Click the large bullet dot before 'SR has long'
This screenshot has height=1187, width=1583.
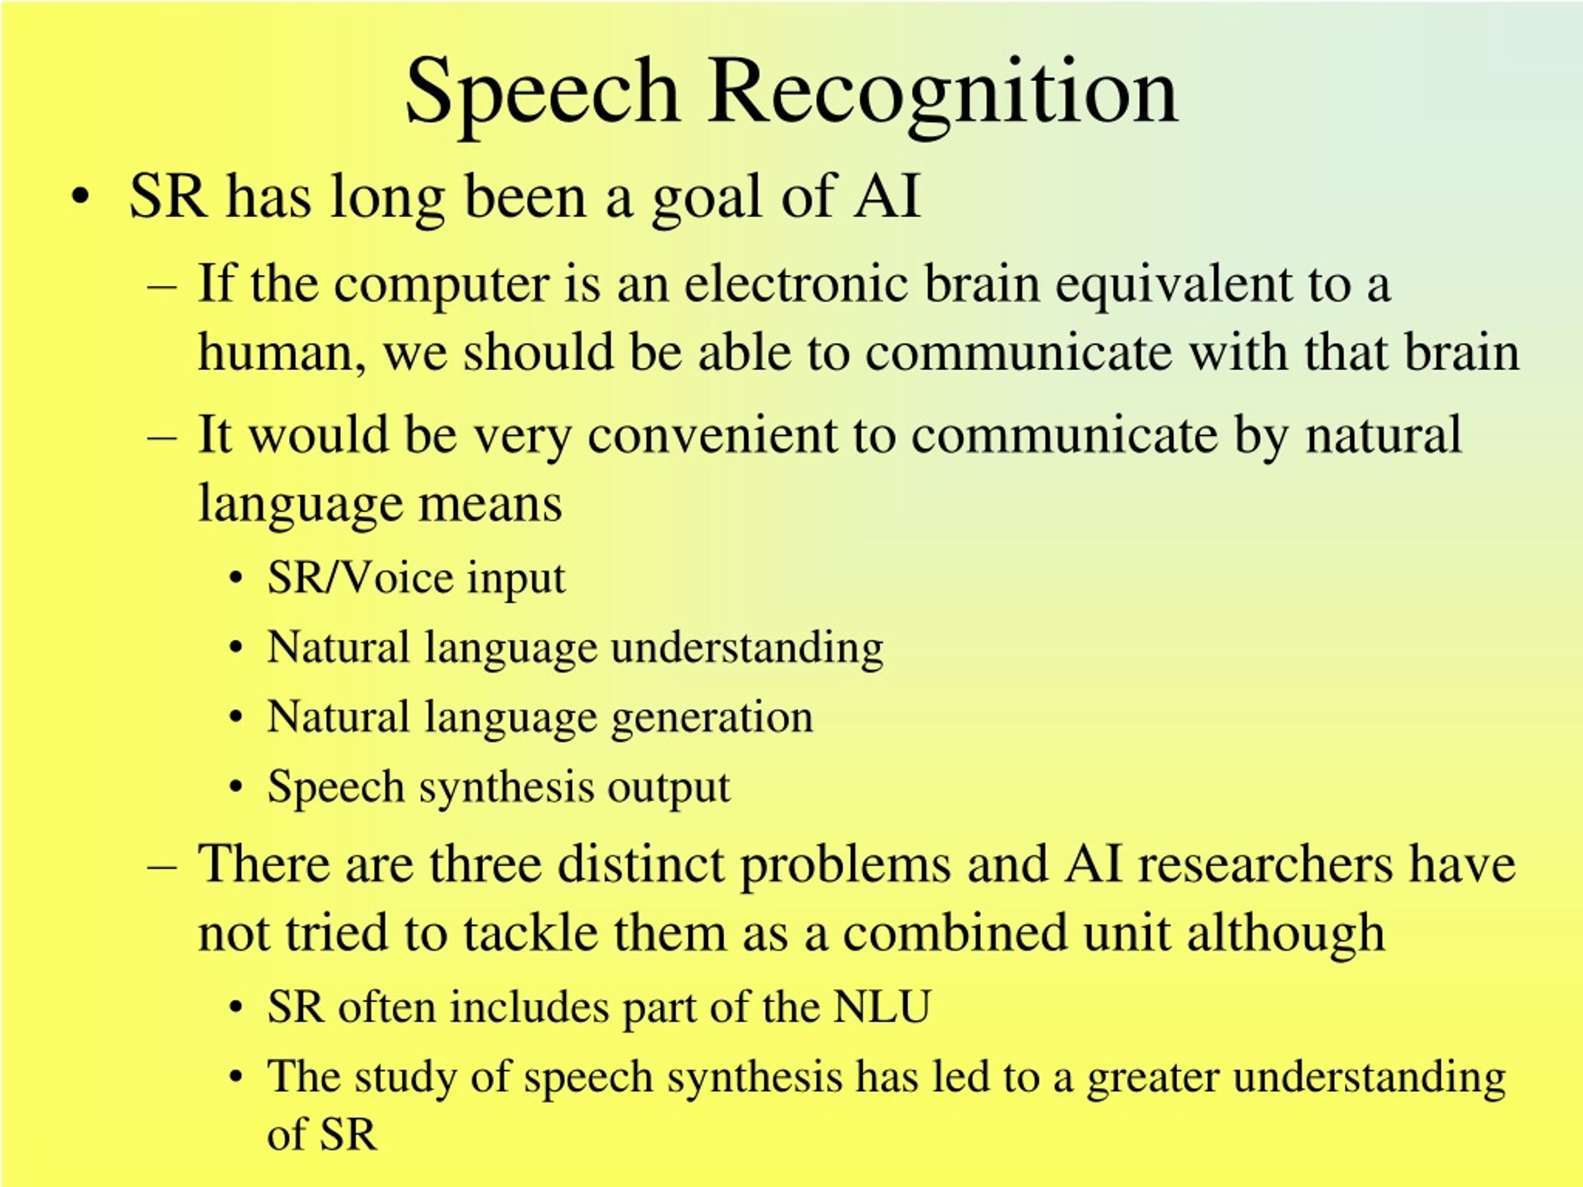coord(80,197)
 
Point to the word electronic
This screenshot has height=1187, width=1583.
coord(796,283)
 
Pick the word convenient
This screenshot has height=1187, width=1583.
coord(712,436)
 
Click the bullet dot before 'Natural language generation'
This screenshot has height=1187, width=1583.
coord(236,718)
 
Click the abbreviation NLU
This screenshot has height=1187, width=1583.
coord(881,1006)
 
